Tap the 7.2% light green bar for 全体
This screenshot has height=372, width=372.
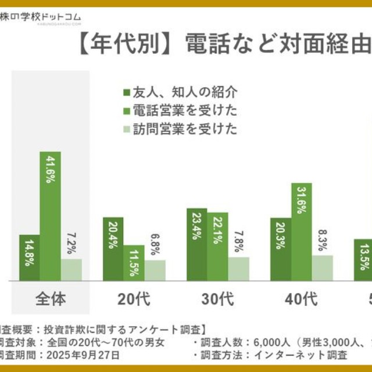tap(71, 269)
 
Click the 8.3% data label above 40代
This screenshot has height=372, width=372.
tap(323, 240)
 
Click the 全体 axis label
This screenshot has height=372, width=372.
tap(51, 299)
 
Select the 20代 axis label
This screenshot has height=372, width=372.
tap(134, 299)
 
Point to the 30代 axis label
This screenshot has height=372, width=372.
tap(218, 299)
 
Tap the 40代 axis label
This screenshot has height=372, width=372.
tap(302, 299)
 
